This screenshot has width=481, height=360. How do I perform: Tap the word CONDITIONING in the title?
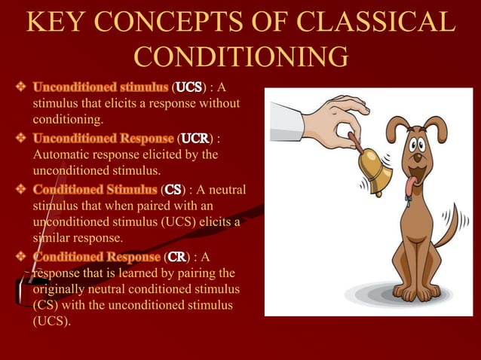[x=240, y=57]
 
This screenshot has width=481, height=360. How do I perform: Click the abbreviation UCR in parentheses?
[x=195, y=139]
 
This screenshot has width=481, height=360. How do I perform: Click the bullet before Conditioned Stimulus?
[x=21, y=190]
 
